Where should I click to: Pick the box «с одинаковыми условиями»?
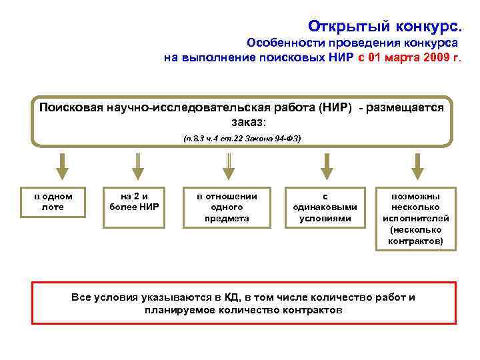325,207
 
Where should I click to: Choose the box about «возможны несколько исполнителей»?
416,218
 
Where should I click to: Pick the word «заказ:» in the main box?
249,123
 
